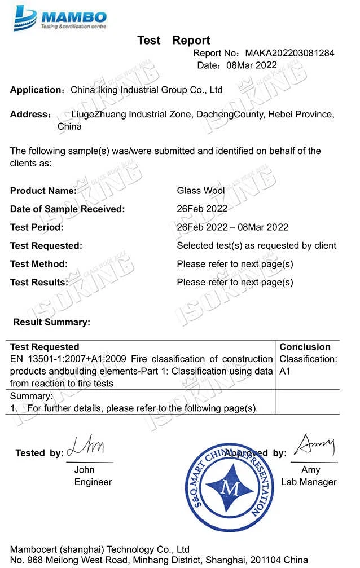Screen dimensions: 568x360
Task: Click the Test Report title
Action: tap(173, 40)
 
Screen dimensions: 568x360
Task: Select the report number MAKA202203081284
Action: tap(289, 54)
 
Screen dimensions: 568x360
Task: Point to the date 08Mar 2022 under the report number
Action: tap(252, 65)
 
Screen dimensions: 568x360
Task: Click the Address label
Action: tap(30, 115)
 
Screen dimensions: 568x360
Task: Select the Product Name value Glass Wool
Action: tap(201, 191)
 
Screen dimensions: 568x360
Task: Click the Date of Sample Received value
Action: tap(202, 209)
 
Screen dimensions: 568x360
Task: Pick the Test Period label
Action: tap(37, 227)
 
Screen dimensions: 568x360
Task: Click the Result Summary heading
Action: tap(51, 322)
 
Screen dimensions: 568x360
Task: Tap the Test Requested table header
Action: tap(45, 347)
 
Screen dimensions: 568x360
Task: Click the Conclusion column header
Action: tap(305, 347)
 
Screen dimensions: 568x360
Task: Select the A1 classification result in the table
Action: tap(286, 372)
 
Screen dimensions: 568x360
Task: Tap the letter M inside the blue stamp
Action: tap(230, 488)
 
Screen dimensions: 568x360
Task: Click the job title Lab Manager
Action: tap(309, 482)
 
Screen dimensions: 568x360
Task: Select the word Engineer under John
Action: tap(93, 482)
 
